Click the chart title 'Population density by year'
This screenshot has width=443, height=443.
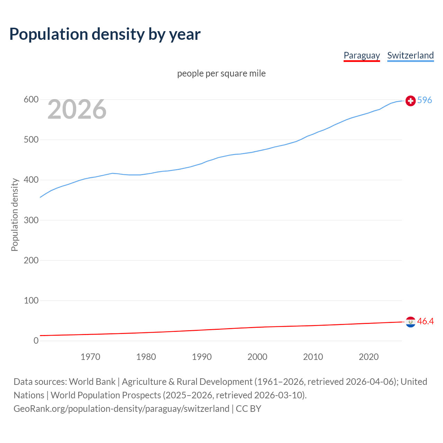(105, 34)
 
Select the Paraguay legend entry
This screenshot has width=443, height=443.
(362, 55)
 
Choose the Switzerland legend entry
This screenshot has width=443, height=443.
(410, 55)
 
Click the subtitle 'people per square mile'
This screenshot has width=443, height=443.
(221, 74)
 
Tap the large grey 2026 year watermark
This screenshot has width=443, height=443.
(77, 109)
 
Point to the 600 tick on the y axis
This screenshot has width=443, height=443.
(31, 100)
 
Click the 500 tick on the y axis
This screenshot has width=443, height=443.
(31, 140)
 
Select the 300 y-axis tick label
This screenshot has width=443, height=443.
(31, 220)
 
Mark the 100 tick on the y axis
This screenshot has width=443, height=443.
(31, 300)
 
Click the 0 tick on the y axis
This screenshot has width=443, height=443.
(36, 341)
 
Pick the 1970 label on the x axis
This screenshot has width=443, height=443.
(90, 357)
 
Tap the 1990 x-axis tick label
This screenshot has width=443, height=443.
(202, 357)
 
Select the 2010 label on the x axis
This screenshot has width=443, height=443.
(313, 357)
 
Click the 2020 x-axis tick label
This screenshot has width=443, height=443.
(369, 357)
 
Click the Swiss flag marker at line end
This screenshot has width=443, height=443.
(410, 101)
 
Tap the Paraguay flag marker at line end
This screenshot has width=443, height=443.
(410, 322)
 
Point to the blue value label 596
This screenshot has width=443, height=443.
(425, 100)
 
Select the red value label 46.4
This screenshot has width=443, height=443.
(425, 322)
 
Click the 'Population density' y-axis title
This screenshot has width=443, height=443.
(15, 215)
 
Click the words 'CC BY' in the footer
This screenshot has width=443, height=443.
(248, 409)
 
